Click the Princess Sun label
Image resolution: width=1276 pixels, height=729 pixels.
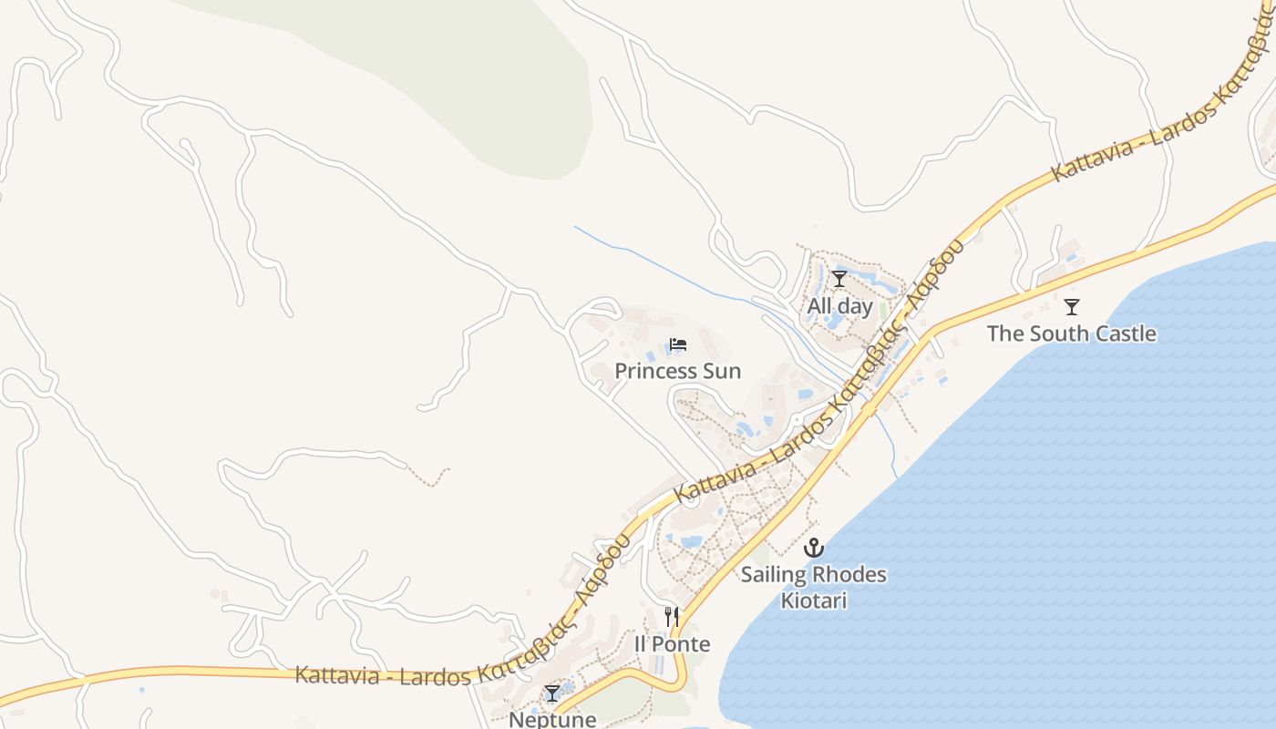[677, 371]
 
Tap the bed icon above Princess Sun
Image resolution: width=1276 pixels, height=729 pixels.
[677, 344]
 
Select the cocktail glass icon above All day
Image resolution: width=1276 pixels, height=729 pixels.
[839, 279]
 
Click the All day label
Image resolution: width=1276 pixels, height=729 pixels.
[839, 306]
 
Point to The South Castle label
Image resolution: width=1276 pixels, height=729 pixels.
[1071, 334]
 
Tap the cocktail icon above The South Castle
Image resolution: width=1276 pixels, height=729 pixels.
[1072, 306]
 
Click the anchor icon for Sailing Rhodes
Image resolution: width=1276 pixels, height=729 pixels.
[813, 548]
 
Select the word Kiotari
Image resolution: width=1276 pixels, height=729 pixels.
[814, 601]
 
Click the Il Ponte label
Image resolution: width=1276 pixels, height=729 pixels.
[672, 644]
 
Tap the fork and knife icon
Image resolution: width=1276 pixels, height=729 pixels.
[672, 617]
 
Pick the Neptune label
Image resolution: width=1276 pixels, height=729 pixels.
[552, 719]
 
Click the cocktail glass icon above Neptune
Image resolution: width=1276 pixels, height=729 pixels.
[552, 693]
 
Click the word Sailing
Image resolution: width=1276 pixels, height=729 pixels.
[773, 575]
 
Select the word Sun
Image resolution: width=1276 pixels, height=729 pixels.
[723, 371]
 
